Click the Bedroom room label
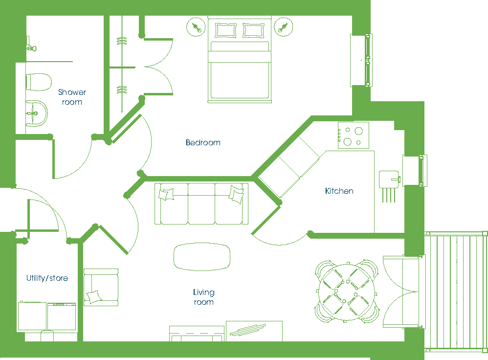(x=203, y=143)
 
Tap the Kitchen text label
(x=339, y=191)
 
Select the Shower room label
(x=72, y=97)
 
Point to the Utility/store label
(x=47, y=278)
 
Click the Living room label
(x=203, y=297)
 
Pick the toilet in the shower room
(x=38, y=82)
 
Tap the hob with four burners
(x=353, y=135)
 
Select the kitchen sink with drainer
(x=389, y=179)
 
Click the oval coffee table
(x=202, y=256)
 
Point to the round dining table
(x=346, y=291)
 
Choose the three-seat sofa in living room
(x=201, y=203)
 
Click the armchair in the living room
(x=101, y=287)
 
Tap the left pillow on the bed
(x=225, y=30)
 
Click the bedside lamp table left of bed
(x=197, y=27)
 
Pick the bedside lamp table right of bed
(x=282, y=27)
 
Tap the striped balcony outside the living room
(x=456, y=291)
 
